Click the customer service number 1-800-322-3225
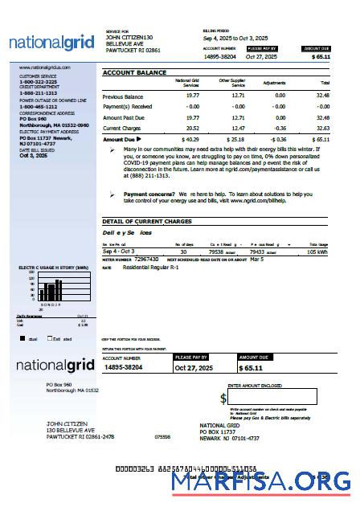[x=38, y=82]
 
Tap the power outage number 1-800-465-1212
[x=38, y=106]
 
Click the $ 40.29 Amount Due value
[x=190, y=139]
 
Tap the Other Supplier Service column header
[x=232, y=83]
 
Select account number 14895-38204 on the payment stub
[x=134, y=367]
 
